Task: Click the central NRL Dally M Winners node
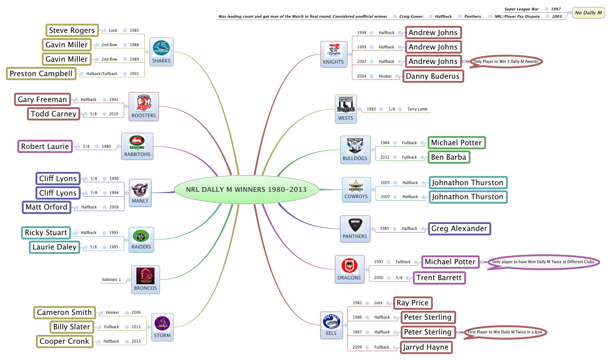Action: point(246,190)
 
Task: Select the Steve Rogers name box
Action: point(72,30)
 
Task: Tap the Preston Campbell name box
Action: point(41,74)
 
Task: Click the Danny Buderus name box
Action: point(433,76)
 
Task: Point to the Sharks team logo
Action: point(162,48)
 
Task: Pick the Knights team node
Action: point(334,54)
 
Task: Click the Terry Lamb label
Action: point(417,109)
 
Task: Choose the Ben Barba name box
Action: point(449,157)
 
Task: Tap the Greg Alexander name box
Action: point(459,228)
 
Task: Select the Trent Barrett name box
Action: point(439,278)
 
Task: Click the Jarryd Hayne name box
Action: point(426,347)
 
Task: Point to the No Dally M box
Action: point(588,13)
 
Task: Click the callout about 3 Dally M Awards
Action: point(506,61)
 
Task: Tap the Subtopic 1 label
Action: point(111,279)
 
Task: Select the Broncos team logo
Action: point(146,276)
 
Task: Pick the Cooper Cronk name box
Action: point(64,341)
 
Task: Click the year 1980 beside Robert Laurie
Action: point(106,146)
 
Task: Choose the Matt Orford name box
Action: point(47,207)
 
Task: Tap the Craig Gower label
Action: point(411,16)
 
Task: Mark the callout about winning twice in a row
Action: point(505,332)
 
